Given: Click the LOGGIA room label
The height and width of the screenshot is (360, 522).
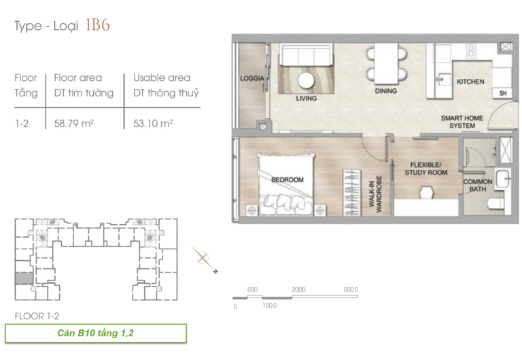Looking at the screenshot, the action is click(252, 78).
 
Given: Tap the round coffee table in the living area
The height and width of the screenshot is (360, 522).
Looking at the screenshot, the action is click(307, 80).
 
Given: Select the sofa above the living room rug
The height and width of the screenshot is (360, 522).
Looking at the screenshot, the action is click(306, 55).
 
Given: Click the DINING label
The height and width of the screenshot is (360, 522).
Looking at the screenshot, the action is click(386, 91).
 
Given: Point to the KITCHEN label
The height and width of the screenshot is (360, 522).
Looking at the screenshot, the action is click(470, 82).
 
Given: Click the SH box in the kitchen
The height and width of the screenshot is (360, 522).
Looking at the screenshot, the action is click(503, 93).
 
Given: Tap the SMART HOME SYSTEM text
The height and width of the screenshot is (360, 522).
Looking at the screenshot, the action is click(462, 122).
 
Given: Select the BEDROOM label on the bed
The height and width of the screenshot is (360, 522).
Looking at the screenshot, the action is click(288, 180).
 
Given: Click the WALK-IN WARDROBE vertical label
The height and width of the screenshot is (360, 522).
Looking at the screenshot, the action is click(375, 194).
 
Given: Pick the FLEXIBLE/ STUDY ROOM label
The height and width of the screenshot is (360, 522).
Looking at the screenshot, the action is click(425, 168).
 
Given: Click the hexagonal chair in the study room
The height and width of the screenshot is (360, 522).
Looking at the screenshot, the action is click(426, 193).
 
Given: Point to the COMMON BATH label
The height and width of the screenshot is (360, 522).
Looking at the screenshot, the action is click(478, 185).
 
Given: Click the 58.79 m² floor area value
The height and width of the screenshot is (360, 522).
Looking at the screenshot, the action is click(74, 124).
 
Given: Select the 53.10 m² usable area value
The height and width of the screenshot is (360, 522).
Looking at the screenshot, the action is click(153, 124).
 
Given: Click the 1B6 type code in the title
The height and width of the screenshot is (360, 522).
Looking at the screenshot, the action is click(98, 25).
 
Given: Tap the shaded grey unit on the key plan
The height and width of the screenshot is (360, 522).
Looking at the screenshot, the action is click(24, 278).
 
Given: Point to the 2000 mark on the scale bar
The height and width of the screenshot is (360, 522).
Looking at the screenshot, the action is click(298, 289).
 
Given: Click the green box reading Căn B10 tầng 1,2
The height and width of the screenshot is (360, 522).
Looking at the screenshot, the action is click(96, 333).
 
